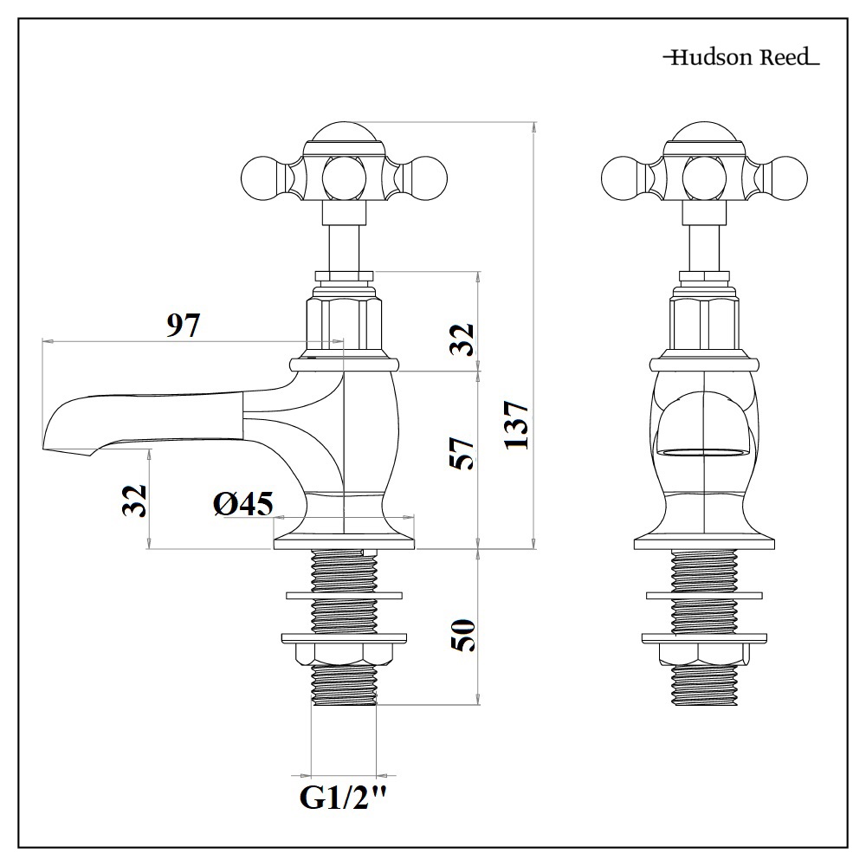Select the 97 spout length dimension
(x=183, y=326)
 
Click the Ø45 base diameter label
(x=243, y=503)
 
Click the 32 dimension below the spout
(x=134, y=501)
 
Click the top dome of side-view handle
(x=345, y=134)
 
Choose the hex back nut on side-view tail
(x=344, y=653)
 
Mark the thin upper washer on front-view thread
(x=703, y=595)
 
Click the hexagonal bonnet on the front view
(x=703, y=324)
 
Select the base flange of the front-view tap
(x=703, y=543)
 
